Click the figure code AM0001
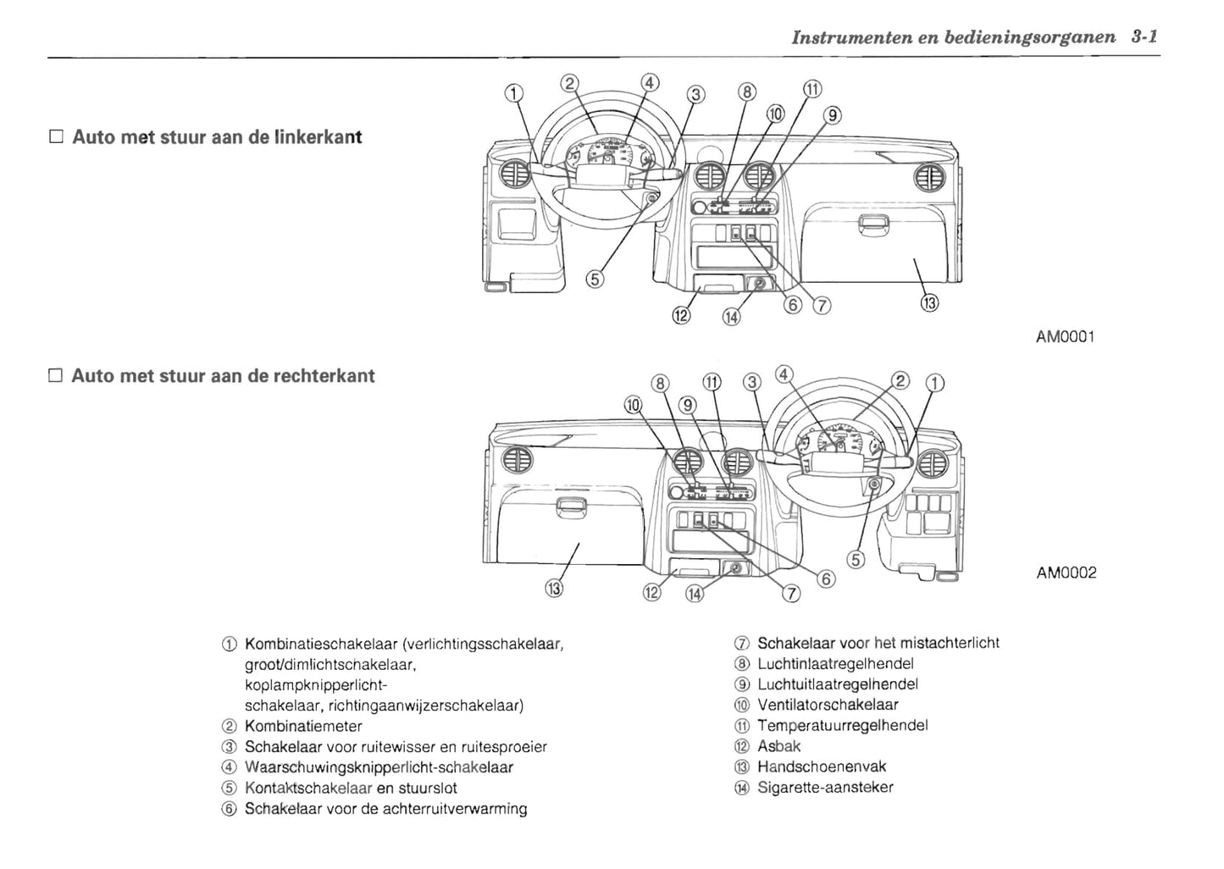(1066, 337)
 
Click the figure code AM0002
(1066, 573)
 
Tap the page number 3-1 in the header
(1144, 38)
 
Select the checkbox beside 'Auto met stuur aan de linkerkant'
(57, 137)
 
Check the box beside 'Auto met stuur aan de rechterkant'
(57, 376)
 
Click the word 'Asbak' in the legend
(778, 746)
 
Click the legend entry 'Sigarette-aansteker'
(824, 788)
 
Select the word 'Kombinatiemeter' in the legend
(303, 726)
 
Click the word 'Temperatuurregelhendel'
(842, 725)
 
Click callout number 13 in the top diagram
(929, 302)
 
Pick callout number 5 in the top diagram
(595, 279)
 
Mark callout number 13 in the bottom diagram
(554, 588)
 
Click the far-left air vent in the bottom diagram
(516, 462)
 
